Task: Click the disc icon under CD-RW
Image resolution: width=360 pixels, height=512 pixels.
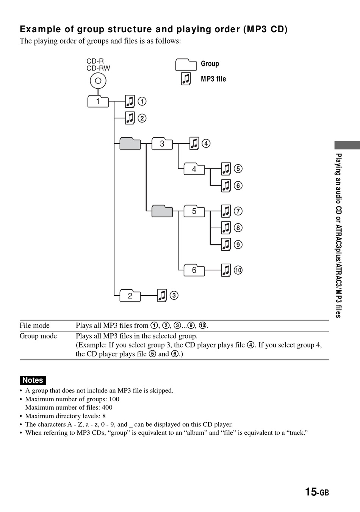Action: tap(98, 81)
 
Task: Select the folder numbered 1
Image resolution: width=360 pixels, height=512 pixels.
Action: tap(98, 102)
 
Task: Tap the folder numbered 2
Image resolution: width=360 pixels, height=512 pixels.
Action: tap(130, 295)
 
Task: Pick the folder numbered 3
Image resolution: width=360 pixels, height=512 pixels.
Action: tap(162, 143)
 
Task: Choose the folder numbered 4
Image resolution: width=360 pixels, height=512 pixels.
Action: tap(194, 169)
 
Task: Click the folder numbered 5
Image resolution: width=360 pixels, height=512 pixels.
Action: tap(194, 211)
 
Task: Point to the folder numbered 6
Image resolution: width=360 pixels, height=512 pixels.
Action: tap(194, 270)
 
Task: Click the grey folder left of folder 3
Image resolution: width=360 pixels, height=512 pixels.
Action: tap(130, 143)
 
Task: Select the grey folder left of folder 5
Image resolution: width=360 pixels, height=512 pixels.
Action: tap(162, 211)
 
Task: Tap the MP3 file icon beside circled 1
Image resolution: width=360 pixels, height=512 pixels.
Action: tap(130, 102)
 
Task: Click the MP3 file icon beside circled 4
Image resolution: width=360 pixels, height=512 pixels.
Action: tap(194, 143)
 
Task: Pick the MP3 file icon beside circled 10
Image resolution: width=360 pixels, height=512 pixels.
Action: tap(226, 270)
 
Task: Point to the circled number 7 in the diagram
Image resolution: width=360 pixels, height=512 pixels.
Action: tap(238, 211)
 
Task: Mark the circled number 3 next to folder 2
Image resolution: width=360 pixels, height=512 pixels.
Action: tap(174, 295)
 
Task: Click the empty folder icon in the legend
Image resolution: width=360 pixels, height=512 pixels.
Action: tap(186, 65)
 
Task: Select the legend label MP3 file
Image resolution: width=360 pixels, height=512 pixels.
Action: tap(213, 79)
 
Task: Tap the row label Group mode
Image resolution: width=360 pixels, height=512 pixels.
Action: tap(38, 336)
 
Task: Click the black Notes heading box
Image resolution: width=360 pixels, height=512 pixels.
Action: tap(33, 380)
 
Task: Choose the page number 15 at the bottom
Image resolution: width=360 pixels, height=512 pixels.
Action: tap(311, 492)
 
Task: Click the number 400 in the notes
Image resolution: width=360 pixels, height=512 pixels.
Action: tap(107, 407)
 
